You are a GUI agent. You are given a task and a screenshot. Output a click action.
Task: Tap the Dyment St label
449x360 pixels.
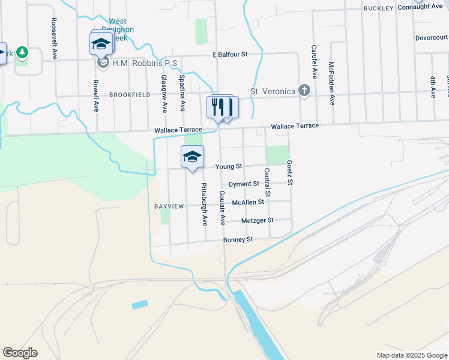pyautogui.click(x=243, y=184)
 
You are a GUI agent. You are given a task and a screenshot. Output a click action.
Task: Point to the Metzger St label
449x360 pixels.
pyautogui.click(x=257, y=220)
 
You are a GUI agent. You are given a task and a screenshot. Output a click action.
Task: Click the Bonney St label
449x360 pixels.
pyautogui.click(x=238, y=239)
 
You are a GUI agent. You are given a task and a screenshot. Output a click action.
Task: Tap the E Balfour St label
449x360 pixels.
pyautogui.click(x=230, y=55)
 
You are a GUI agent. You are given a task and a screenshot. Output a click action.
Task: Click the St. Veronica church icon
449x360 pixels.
pyautogui.click(x=305, y=91)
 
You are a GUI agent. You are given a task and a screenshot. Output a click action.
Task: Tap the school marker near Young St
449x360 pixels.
pyautogui.click(x=192, y=157)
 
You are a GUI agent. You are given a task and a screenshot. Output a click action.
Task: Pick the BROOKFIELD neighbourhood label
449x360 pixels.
pyautogui.click(x=129, y=95)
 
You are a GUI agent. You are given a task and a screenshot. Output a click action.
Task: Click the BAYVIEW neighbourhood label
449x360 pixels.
pyautogui.click(x=169, y=206)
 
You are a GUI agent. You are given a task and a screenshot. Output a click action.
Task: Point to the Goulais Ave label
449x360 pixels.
pyautogui.click(x=222, y=208)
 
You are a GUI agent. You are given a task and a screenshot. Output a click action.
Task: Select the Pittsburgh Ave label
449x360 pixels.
pyautogui.click(x=204, y=205)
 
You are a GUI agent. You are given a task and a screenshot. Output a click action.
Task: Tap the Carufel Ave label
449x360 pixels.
pyautogui.click(x=314, y=62)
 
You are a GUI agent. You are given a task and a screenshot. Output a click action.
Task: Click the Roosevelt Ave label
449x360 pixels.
pyautogui.click(x=54, y=37)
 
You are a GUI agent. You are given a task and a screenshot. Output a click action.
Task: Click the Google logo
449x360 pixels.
pyautogui.click(x=20, y=353)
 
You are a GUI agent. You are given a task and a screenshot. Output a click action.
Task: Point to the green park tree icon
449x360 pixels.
pyautogui.click(x=22, y=53)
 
